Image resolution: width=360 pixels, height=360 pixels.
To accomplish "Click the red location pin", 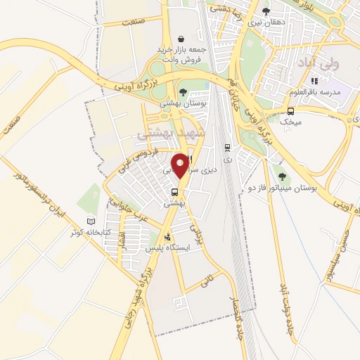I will [181, 166].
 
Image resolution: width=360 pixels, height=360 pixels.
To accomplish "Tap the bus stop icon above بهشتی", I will [174, 192].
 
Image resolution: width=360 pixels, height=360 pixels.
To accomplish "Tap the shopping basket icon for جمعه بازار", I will [181, 39].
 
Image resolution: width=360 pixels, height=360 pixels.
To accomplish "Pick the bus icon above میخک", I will [291, 111].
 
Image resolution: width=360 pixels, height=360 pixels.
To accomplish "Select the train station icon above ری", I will [226, 147].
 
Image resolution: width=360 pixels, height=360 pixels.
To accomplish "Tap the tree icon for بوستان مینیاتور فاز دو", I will [282, 176].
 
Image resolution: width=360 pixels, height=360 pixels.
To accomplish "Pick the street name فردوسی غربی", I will [144, 161].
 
